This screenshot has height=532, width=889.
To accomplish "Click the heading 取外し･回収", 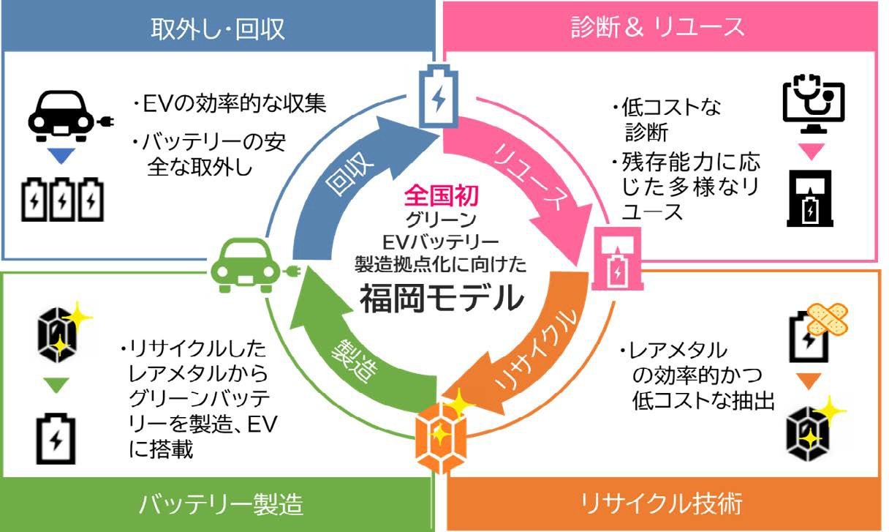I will [217, 27].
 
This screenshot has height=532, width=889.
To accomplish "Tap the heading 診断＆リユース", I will [657, 27].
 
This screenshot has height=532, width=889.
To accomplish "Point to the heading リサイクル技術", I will [662, 504].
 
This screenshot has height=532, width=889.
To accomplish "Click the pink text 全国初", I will [439, 195].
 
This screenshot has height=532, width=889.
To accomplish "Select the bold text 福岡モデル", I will [441, 297].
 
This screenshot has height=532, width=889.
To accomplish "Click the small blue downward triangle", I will [61, 156].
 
